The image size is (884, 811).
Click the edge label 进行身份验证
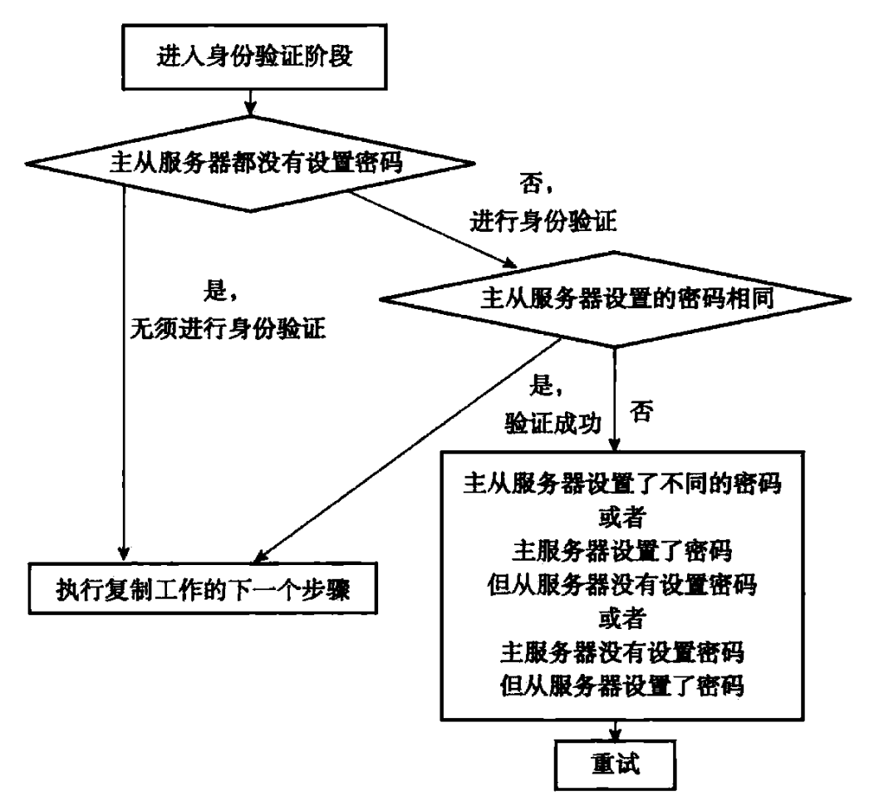coord(543,220)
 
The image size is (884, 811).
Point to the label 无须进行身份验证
coord(228,328)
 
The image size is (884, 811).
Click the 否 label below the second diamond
coord(641,411)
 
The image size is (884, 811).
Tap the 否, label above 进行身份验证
coord(536,184)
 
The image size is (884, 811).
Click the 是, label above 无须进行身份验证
coord(220,292)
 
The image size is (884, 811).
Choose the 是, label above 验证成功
coord(546,386)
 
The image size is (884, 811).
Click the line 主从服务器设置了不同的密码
coord(621,484)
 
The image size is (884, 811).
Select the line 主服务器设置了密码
coord(621,550)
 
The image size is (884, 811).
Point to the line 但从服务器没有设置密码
coord(621,584)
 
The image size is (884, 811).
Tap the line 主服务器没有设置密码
coord(621,652)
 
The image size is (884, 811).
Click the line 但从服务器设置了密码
coord(621,686)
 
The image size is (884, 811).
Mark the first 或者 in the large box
coord(621,517)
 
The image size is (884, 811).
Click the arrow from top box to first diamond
coord(250,103)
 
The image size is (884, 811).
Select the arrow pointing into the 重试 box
coord(615,730)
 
